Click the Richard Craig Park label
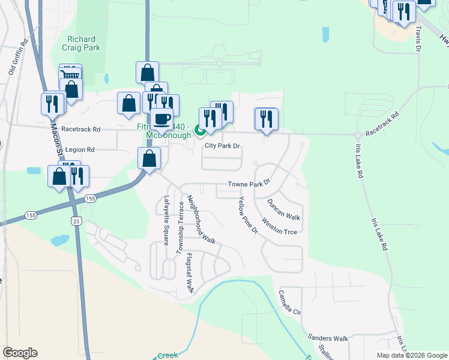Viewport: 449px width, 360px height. pyautogui.click(x=82, y=44)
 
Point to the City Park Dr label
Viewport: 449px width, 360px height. pyautogui.click(x=222, y=146)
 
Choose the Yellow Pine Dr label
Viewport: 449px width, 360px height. pyautogui.click(x=248, y=215)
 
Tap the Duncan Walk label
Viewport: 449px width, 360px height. pyautogui.click(x=283, y=209)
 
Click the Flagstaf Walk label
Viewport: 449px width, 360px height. pyautogui.click(x=190, y=273)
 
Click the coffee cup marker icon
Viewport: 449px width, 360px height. pyautogui.click(x=161, y=118)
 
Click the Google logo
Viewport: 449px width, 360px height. pyautogui.click(x=20, y=353)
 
